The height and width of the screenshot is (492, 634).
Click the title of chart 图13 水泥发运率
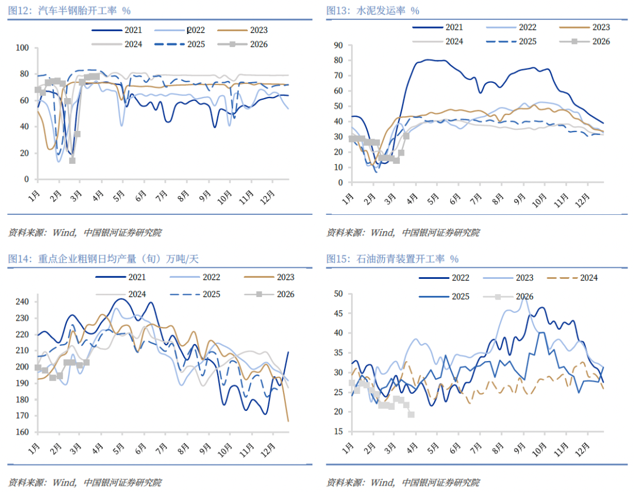373,11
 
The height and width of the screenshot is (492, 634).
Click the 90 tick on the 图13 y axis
338,45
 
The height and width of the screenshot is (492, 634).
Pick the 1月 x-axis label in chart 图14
33,449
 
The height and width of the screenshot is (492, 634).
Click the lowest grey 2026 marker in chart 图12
72,160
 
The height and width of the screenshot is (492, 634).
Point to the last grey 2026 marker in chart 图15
411,415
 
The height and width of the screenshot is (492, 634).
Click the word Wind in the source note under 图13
383,232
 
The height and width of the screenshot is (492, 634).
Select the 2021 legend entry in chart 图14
136,278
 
